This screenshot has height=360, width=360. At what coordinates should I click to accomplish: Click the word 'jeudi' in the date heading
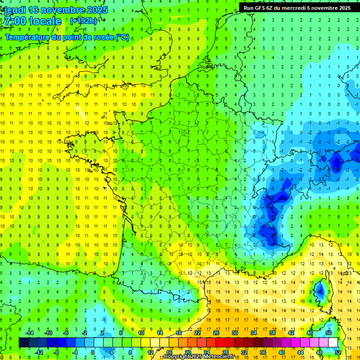tap(15, 10)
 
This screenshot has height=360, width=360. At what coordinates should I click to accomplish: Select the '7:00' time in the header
tap(15, 22)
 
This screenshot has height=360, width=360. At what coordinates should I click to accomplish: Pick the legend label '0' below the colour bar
tap(93, 352)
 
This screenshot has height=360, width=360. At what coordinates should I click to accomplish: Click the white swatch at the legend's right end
tap(333, 343)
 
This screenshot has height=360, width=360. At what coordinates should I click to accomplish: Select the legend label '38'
tap(272, 333)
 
